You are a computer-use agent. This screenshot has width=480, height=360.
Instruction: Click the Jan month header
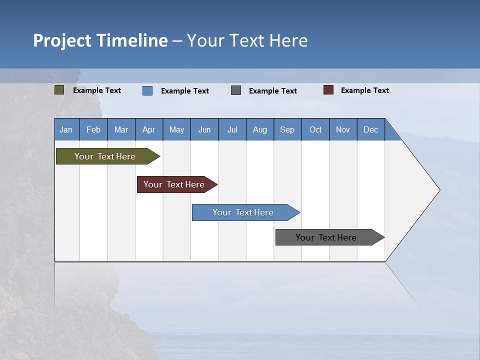(66, 129)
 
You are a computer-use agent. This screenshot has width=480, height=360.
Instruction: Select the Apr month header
(148, 129)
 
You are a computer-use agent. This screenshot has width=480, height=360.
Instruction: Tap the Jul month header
(232, 129)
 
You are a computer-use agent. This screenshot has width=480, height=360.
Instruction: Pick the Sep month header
(287, 129)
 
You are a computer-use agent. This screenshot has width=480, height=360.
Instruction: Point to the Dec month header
(370, 129)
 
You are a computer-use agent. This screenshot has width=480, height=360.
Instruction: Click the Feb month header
(93, 129)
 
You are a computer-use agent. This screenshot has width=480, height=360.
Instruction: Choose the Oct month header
(315, 129)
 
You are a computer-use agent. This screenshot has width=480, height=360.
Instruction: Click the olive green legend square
(59, 90)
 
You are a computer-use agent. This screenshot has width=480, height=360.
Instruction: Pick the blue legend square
(147, 90)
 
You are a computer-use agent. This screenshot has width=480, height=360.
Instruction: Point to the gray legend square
(236, 90)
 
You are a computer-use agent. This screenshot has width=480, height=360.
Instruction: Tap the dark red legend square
(328, 90)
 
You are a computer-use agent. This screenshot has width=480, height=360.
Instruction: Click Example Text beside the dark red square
(364, 90)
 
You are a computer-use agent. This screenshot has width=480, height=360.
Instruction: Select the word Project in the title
(62, 40)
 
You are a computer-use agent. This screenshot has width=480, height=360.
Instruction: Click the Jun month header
(204, 129)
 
